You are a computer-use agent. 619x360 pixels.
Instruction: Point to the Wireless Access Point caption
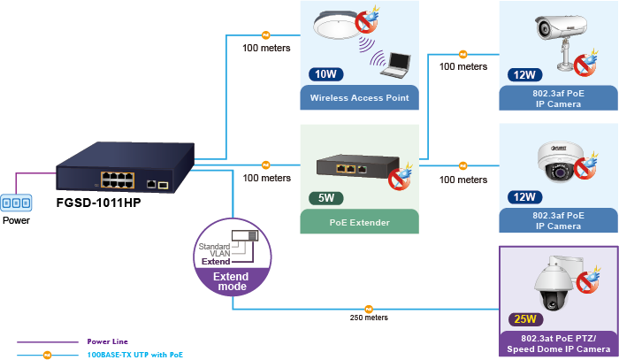tap(359, 97)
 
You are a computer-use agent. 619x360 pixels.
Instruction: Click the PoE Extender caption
tap(359, 222)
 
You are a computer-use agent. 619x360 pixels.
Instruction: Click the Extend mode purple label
tap(233, 281)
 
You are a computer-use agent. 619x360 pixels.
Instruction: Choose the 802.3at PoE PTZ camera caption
tap(558, 343)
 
